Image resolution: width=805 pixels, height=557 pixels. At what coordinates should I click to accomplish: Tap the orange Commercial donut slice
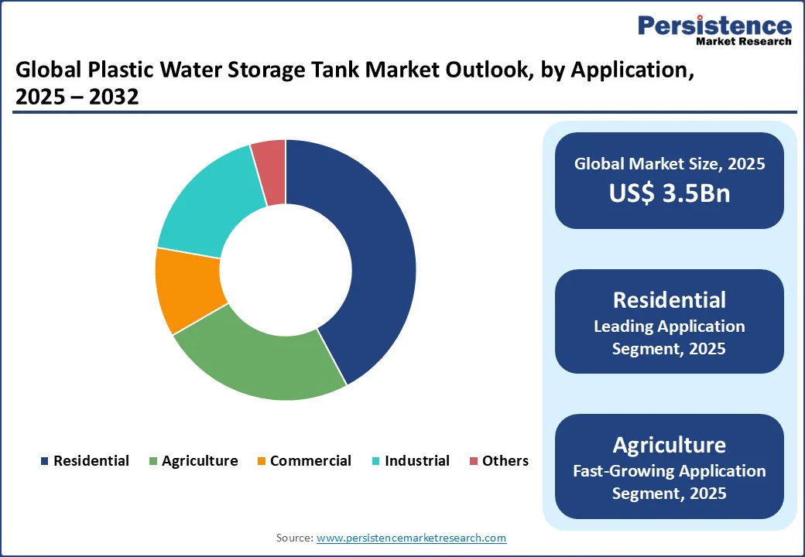(190, 290)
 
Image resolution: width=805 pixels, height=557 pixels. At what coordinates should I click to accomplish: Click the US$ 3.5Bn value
(669, 193)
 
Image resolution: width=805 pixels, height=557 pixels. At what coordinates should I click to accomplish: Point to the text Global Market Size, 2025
(669, 164)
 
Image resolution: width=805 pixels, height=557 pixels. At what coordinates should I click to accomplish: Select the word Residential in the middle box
(669, 300)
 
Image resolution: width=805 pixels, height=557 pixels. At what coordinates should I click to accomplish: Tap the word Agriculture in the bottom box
(669, 445)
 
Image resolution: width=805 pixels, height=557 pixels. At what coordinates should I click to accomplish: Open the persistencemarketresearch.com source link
(411, 538)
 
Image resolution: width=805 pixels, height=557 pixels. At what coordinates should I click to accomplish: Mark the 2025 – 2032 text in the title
(77, 98)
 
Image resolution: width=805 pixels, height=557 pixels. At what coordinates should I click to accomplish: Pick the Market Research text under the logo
(743, 42)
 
